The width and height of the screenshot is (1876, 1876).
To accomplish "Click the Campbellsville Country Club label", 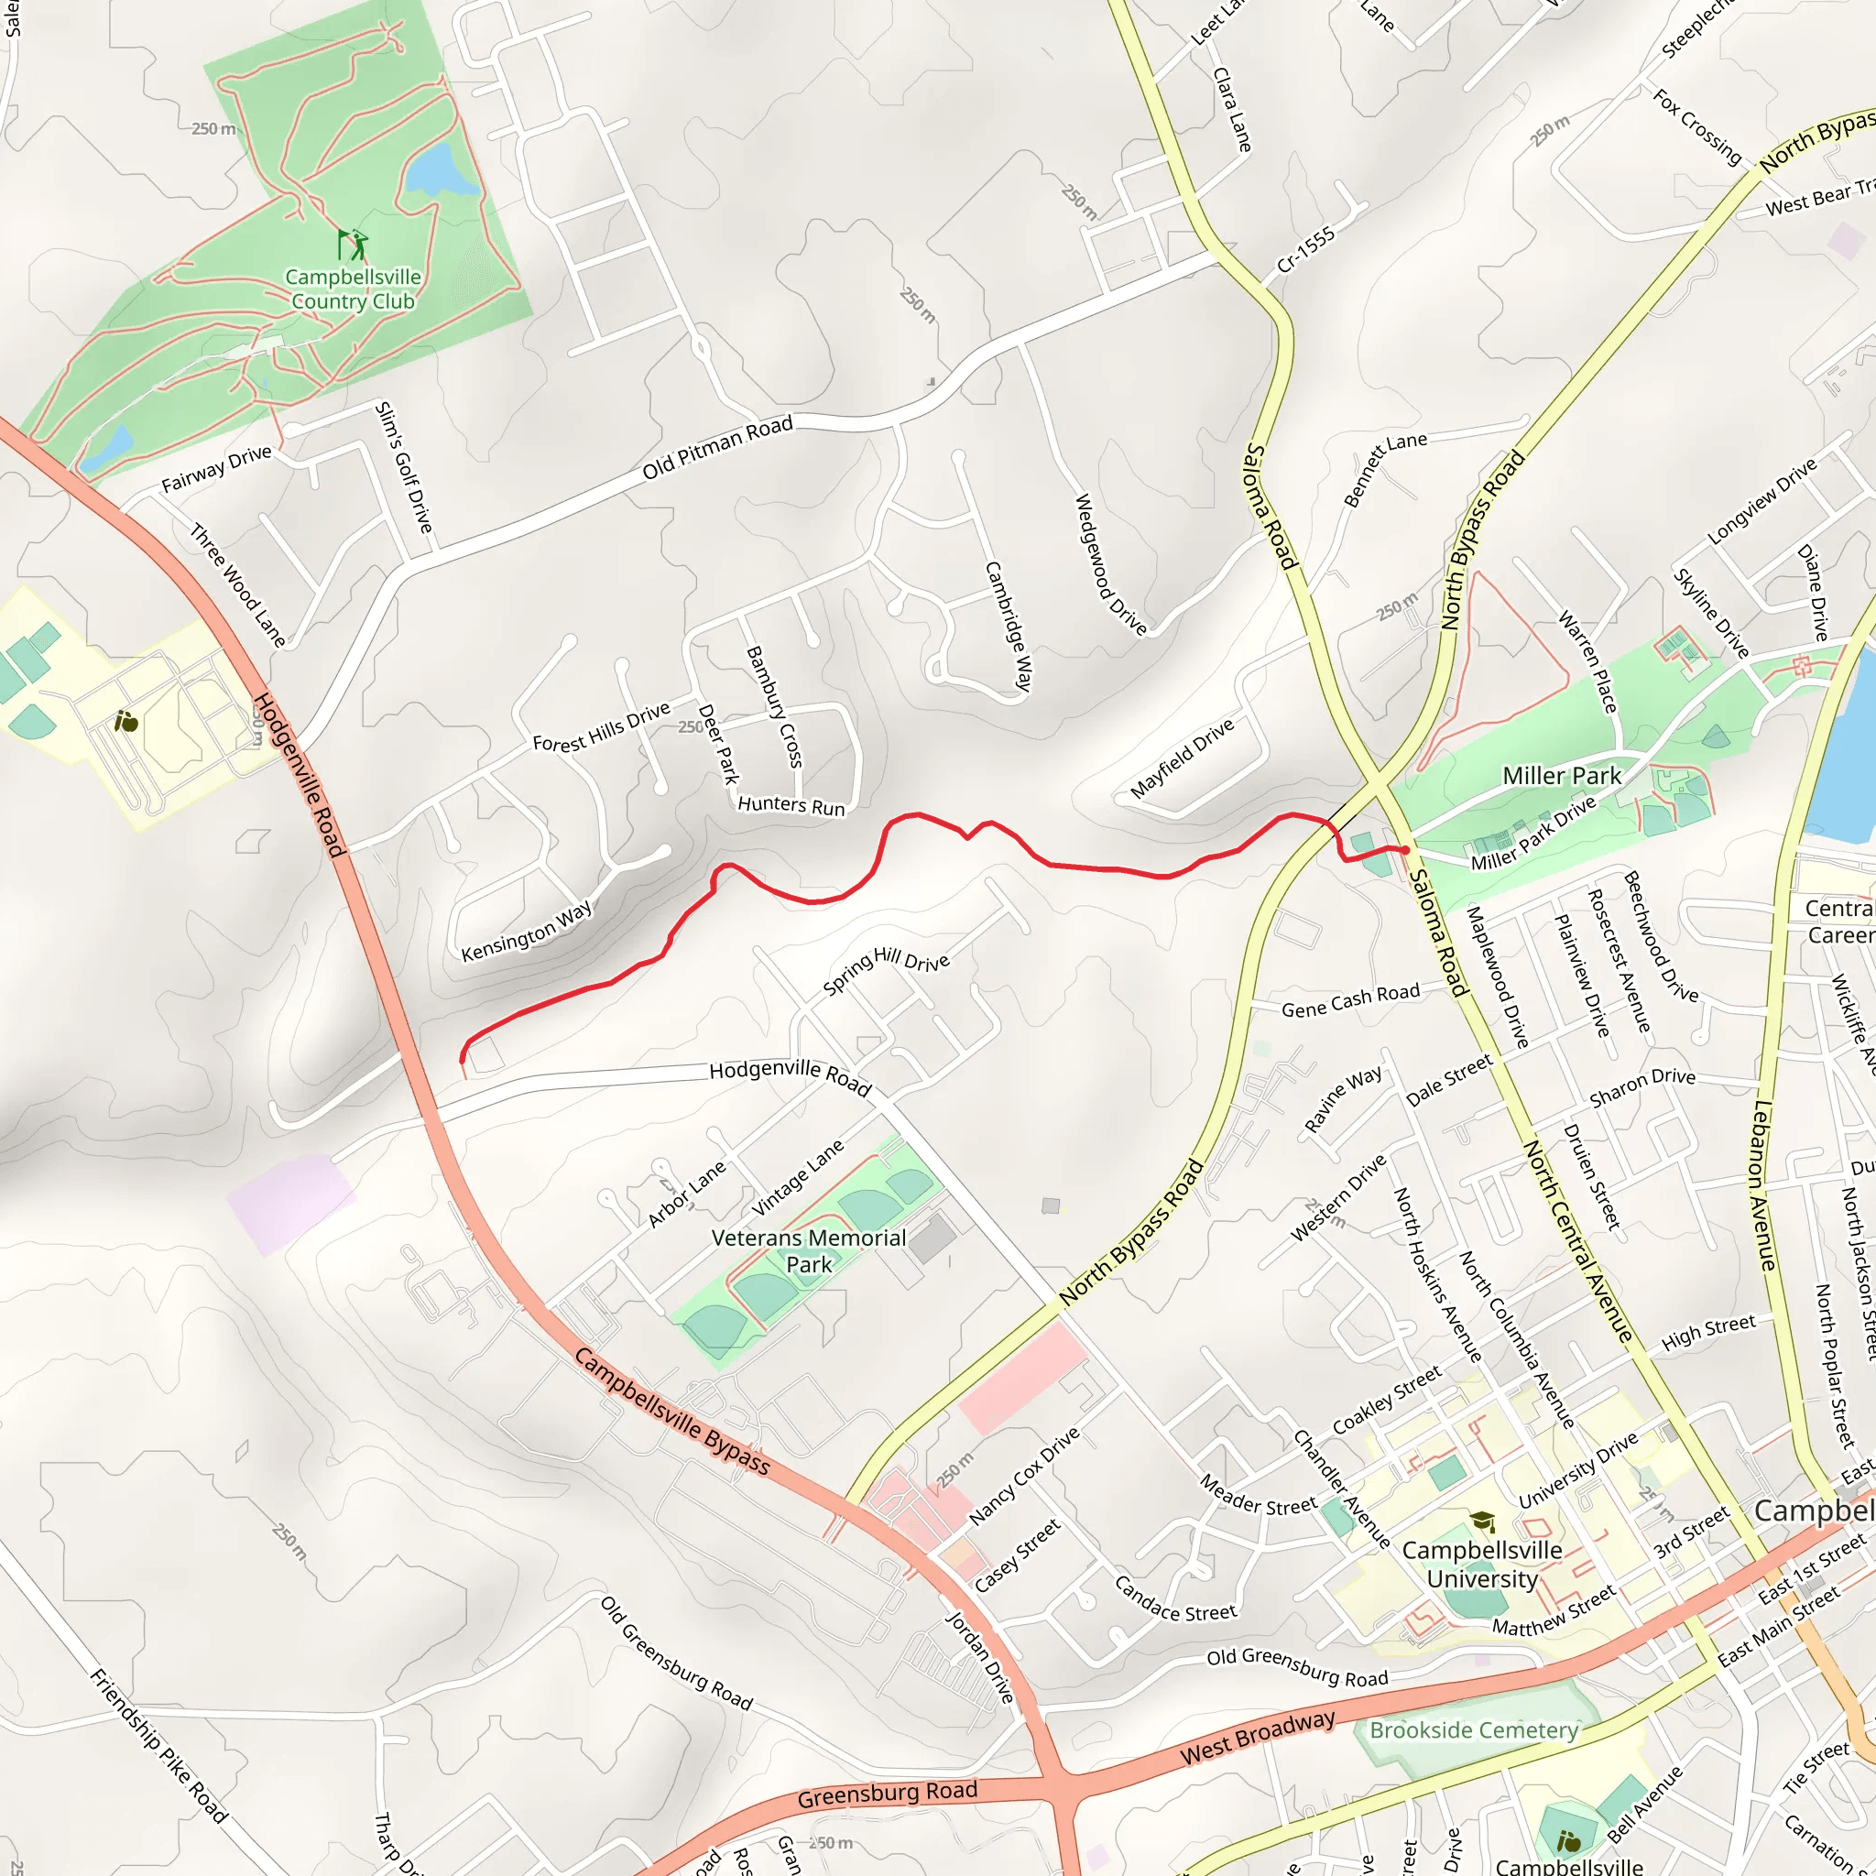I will (354, 289).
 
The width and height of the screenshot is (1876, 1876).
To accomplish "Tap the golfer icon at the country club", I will (354, 244).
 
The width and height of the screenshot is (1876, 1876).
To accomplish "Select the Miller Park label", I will (1562, 776).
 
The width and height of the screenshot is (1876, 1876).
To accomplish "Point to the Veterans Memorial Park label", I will (809, 1251).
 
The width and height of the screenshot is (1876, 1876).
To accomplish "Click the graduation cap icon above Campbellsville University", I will (1482, 1521).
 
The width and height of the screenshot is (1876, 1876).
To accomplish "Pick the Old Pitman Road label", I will (717, 448).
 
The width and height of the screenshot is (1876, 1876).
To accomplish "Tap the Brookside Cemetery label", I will (1474, 1730).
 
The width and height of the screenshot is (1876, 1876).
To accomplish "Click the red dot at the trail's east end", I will (1405, 850).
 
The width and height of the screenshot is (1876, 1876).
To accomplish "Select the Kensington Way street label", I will (527, 932).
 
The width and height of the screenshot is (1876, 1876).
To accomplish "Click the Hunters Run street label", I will (791, 805).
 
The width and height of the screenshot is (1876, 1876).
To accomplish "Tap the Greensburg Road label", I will (888, 1795).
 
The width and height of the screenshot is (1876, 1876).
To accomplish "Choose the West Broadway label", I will (1258, 1738).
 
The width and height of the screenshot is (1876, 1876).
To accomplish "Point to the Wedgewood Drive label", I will (1110, 564).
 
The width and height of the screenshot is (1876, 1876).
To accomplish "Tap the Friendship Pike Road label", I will (158, 1746).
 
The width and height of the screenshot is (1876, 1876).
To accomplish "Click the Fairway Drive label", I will (216, 469).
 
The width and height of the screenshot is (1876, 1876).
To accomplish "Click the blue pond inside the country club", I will (442, 170).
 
